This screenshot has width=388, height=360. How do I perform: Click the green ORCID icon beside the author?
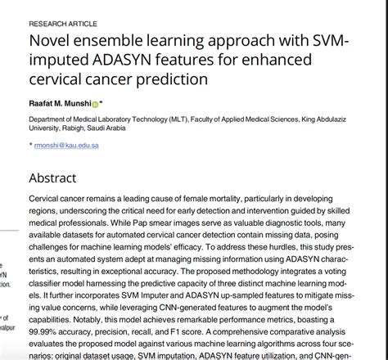point(94,105)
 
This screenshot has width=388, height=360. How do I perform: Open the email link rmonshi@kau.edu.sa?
point(70,144)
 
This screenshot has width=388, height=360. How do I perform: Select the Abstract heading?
point(52,177)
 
